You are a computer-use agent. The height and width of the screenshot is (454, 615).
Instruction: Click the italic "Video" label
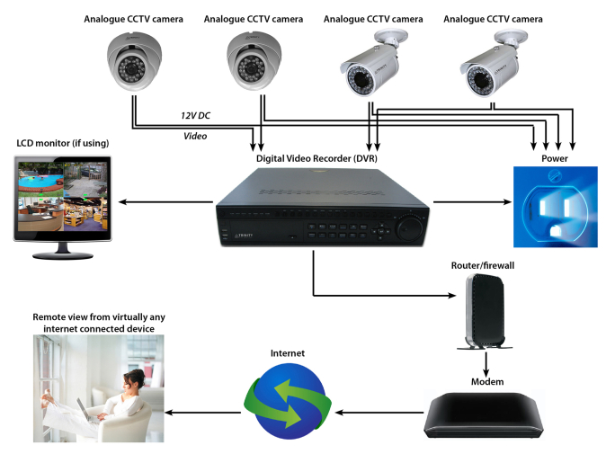click(x=195, y=136)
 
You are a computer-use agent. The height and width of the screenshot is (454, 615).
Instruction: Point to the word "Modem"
click(x=486, y=382)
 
